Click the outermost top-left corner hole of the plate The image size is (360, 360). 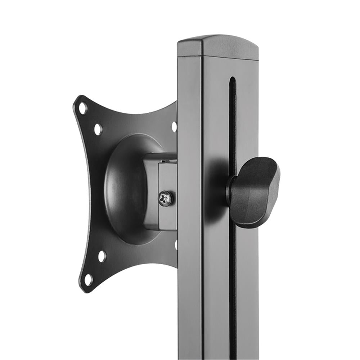pyautogui.click(x=83, y=108)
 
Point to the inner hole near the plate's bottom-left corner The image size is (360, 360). pyautogui.click(x=102, y=256)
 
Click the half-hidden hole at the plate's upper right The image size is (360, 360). pyautogui.click(x=175, y=126)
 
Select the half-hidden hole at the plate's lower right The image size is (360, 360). pyautogui.click(x=176, y=245)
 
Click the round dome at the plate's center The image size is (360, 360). pyautogui.click(x=126, y=187)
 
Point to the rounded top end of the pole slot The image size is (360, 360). pyautogui.click(x=233, y=80)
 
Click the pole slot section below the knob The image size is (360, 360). pyautogui.click(x=233, y=288)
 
